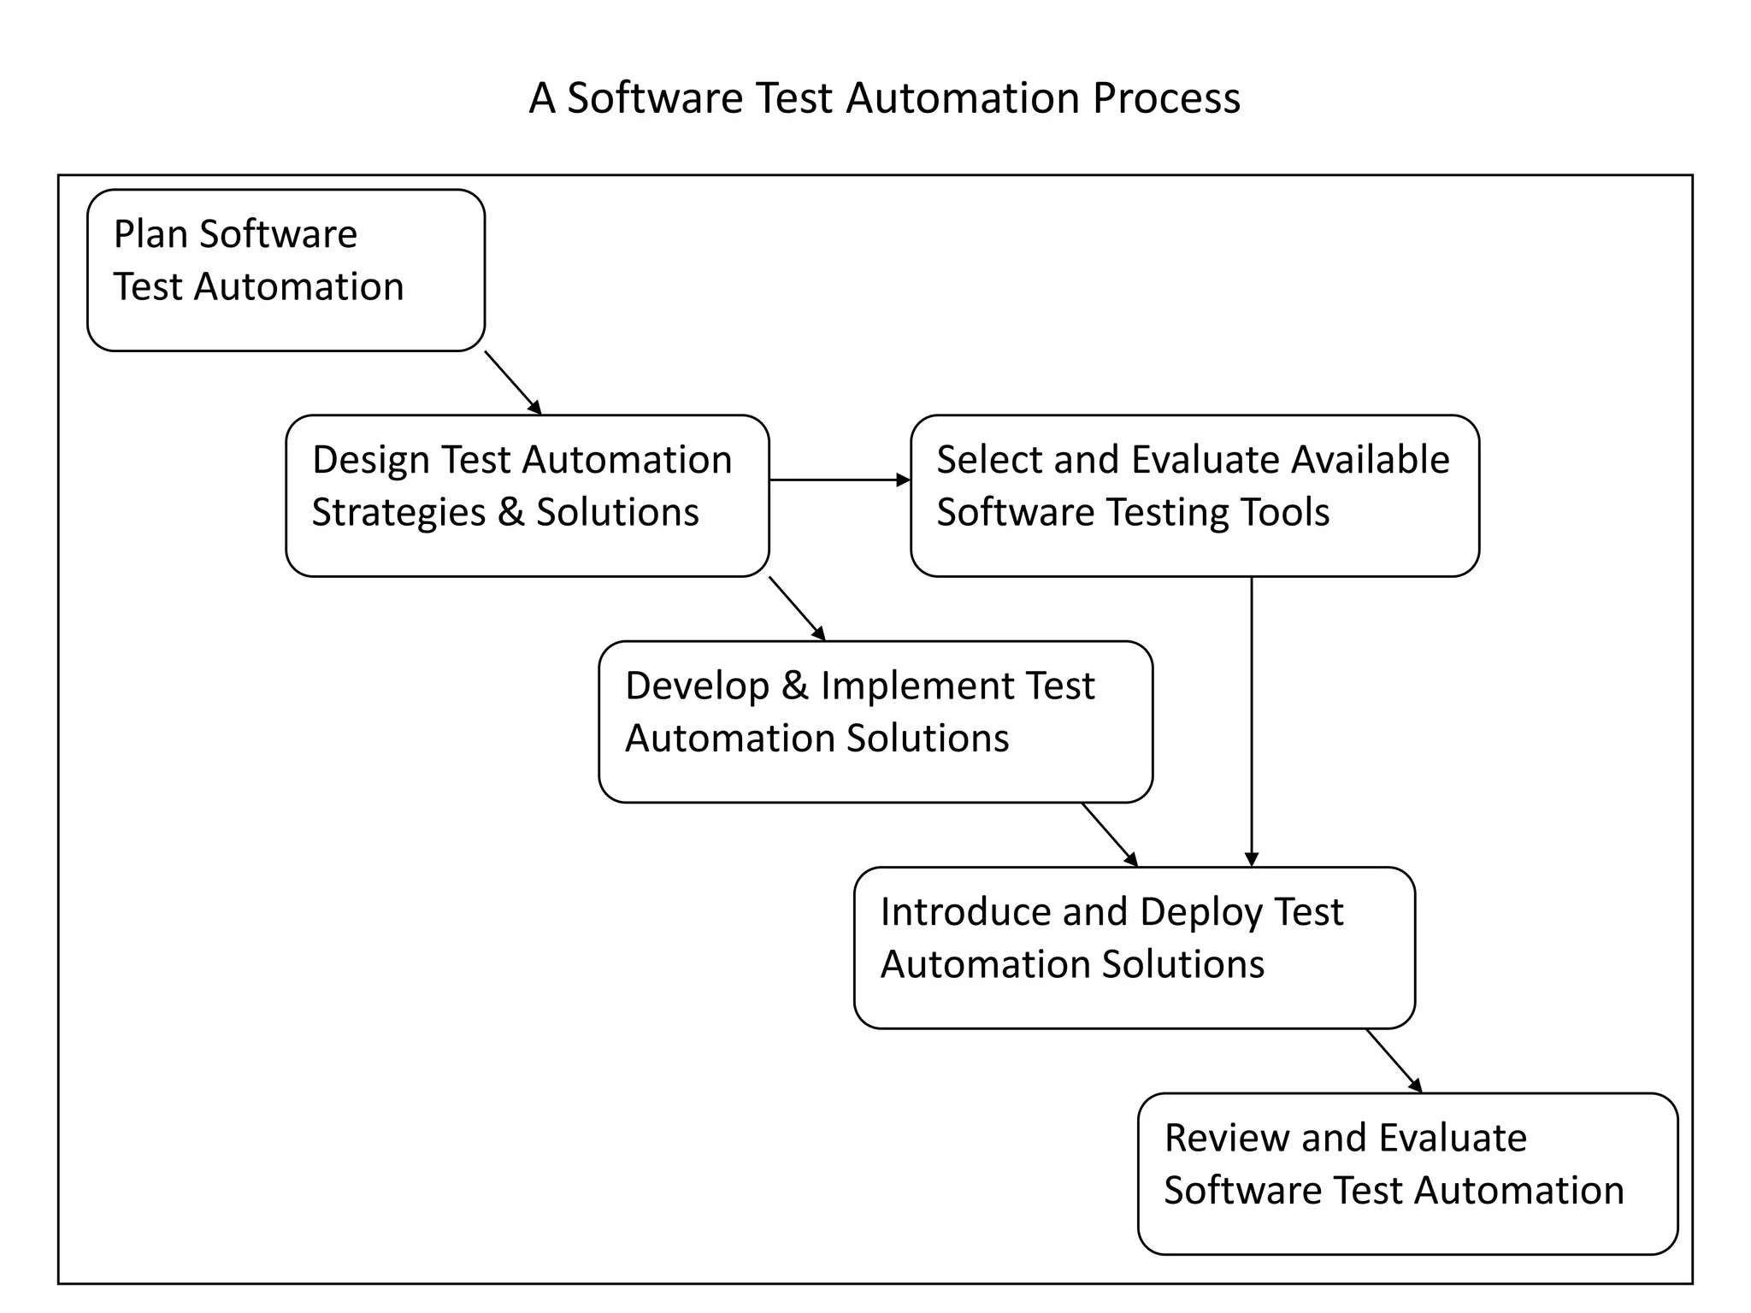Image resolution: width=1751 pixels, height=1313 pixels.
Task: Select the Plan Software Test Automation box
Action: click(286, 270)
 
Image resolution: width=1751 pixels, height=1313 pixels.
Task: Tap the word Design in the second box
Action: click(369, 460)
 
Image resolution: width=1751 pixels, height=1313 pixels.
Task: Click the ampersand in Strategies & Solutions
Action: click(510, 512)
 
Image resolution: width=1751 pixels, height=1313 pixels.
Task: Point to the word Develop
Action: click(697, 686)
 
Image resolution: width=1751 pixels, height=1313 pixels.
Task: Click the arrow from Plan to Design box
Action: click(513, 382)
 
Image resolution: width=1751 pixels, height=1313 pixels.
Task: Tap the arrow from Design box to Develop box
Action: click(797, 609)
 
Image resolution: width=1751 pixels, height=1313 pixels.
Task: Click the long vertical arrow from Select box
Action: click(1252, 718)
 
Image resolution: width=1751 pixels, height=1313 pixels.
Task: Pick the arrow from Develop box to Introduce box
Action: click(1110, 834)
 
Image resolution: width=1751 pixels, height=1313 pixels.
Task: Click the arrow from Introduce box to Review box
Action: click(1394, 1060)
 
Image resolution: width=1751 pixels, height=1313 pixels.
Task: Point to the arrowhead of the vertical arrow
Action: click(1252, 859)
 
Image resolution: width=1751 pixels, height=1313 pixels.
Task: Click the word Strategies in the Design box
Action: click(398, 513)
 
